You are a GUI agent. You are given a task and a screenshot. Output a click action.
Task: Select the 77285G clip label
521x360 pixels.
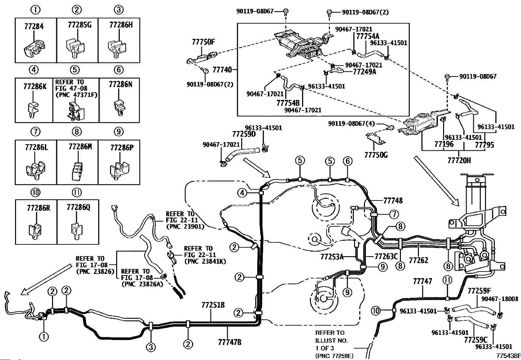(x=80, y=25)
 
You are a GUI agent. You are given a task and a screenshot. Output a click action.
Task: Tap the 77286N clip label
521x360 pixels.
(x=120, y=85)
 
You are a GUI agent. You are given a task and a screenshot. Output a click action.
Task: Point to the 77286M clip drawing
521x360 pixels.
(x=76, y=171)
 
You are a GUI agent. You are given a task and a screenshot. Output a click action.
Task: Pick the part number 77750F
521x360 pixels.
(x=203, y=42)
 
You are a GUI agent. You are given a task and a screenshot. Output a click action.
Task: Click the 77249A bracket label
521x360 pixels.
(x=364, y=71)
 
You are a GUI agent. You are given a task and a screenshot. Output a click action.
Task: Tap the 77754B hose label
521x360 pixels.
(x=288, y=103)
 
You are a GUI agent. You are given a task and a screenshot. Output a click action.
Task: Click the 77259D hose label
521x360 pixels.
(x=243, y=134)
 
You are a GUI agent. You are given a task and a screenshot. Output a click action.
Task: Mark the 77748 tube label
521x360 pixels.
(x=393, y=200)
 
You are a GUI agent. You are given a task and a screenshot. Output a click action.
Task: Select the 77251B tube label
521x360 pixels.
(x=213, y=305)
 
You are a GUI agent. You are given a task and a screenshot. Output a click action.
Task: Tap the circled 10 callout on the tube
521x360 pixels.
(x=376, y=310)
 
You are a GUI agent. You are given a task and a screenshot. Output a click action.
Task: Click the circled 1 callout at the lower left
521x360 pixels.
(x=44, y=336)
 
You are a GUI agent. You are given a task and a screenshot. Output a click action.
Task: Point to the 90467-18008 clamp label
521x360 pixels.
(x=499, y=299)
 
